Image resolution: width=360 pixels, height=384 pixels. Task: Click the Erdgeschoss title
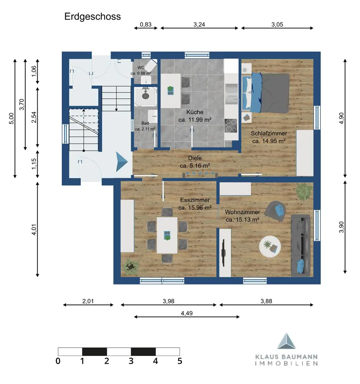(92, 17)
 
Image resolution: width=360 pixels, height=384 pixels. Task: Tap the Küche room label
(195, 112)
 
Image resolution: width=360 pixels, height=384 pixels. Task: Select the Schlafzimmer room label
(269, 134)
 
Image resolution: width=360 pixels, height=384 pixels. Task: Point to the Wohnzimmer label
(242, 212)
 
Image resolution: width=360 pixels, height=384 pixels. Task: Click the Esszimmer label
(195, 200)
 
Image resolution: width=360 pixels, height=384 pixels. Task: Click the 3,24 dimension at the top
(199, 25)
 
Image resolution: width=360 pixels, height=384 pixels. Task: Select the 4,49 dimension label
(187, 313)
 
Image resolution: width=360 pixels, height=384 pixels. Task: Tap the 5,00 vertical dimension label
(12, 119)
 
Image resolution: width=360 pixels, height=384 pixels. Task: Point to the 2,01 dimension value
(88, 301)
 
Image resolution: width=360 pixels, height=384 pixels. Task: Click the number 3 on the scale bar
(131, 361)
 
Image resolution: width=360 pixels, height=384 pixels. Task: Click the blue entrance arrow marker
(122, 162)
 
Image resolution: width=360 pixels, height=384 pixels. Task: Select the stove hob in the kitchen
(231, 126)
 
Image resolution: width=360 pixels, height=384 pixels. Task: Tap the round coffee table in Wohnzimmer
(270, 247)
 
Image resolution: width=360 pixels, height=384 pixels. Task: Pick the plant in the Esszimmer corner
(130, 267)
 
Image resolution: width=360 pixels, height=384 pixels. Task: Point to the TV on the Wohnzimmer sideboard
(224, 253)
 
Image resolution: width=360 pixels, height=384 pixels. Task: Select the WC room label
(141, 68)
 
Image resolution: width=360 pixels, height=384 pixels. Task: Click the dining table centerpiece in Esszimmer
(168, 235)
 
